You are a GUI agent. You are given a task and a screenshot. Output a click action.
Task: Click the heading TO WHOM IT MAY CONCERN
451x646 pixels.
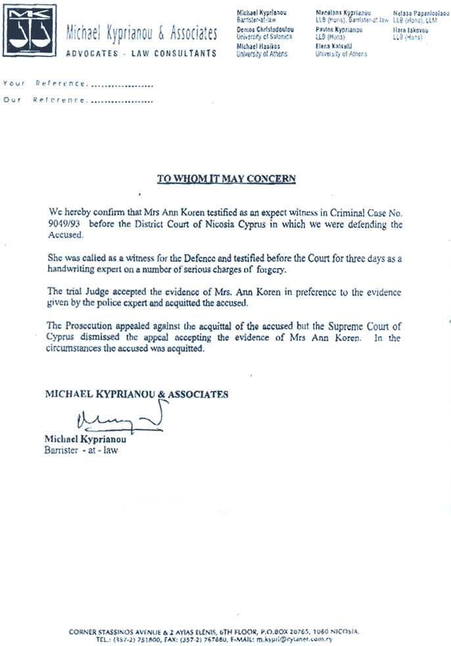pos(226,179)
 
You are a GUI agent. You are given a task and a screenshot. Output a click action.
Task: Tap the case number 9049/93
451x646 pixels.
pos(64,224)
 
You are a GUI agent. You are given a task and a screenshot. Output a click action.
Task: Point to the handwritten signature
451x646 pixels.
pos(119,419)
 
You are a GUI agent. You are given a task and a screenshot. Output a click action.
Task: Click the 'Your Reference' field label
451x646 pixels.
pos(45,84)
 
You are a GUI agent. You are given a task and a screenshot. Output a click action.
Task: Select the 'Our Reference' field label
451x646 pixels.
pos(45,100)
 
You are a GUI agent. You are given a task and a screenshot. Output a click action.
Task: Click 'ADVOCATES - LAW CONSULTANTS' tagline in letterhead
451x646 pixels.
pos(141,54)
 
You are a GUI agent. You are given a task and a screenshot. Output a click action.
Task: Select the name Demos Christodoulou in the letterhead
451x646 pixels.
pos(265,30)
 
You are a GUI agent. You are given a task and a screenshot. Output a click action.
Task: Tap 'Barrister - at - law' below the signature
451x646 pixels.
pos(82,450)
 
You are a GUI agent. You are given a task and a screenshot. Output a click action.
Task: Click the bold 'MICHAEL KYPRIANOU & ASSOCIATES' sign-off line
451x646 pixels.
pos(136,395)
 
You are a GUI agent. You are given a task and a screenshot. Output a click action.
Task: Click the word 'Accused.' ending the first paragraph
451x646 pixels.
pos(66,235)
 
